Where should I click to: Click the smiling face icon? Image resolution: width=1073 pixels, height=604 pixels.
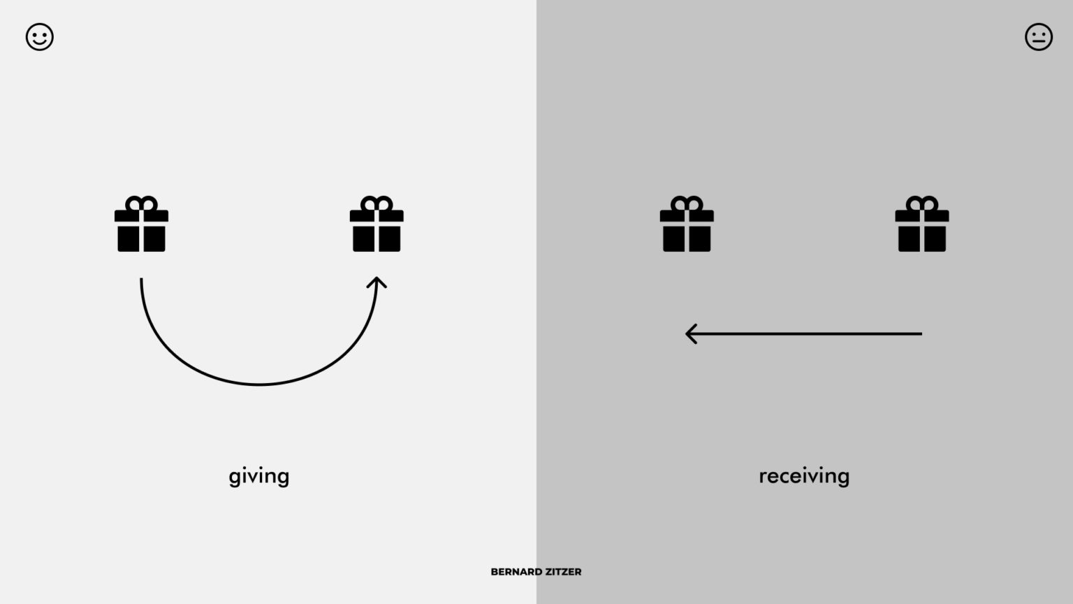[40, 37]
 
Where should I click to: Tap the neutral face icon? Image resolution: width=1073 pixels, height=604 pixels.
[1039, 37]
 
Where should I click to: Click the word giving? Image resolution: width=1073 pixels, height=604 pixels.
[258, 477]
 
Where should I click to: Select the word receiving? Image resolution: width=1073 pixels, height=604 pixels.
[804, 477]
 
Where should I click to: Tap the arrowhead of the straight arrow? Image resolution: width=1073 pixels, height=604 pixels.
[691, 333]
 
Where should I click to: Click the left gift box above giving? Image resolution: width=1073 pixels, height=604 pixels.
[141, 224]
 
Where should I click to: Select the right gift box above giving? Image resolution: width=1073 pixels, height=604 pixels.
[377, 224]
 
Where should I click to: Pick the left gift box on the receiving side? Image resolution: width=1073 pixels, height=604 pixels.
[687, 224]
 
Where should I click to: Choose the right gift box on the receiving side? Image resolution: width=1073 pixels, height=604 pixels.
[921, 224]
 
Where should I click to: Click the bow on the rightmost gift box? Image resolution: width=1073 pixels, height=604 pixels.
[921, 203]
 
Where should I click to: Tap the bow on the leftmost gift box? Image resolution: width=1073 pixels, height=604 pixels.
[141, 203]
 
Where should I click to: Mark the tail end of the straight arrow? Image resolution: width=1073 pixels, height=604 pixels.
[921, 333]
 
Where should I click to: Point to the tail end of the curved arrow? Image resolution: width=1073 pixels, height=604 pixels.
[141, 279]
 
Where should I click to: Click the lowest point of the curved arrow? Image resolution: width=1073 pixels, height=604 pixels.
[258, 384]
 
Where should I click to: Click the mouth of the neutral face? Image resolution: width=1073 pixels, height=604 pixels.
[1039, 42]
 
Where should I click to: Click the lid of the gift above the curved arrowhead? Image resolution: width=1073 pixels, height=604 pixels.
[377, 216]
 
